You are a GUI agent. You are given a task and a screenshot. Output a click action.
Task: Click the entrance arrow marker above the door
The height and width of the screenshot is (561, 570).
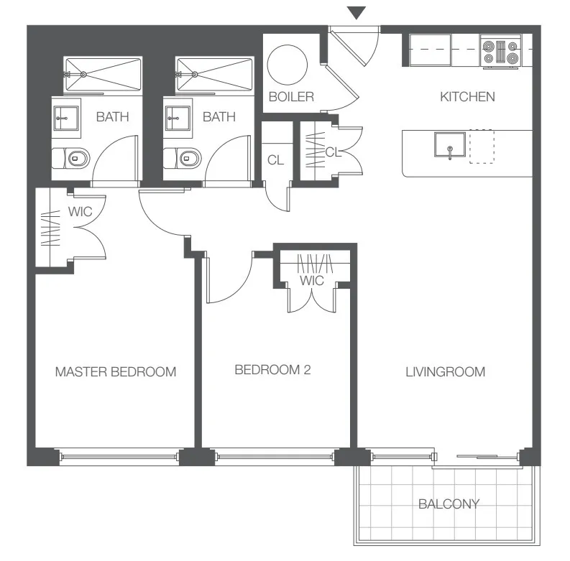coord(357,12)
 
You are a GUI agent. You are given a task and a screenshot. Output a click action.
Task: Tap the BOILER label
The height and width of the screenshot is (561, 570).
coord(291,96)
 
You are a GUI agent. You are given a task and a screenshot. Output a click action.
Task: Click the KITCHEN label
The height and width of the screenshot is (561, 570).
coord(467,96)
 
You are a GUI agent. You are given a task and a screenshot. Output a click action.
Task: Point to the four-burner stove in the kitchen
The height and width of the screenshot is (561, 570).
coord(501,52)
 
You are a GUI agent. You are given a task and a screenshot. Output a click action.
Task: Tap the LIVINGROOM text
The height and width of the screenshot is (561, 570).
coord(445,372)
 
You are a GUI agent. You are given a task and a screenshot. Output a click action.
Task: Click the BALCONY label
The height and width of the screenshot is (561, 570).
coord(449,504)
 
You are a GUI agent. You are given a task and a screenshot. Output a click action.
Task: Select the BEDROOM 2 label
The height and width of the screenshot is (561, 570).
coord(272,370)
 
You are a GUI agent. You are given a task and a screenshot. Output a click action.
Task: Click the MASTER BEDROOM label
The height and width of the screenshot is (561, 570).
coord(116,372)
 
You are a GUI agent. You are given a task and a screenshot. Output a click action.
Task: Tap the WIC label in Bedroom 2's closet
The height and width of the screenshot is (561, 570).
coord(312,280)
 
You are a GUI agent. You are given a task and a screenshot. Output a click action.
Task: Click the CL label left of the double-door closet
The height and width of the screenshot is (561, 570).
coord(275,160)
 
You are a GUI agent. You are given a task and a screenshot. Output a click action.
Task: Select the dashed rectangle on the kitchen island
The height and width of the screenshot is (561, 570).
coord(481,147)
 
